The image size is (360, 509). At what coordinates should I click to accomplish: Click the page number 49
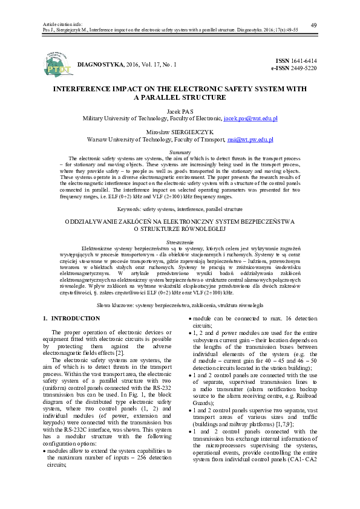[313, 24]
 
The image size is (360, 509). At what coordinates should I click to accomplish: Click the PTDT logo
[59, 65]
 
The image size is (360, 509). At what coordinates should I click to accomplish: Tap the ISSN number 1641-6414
[304, 61]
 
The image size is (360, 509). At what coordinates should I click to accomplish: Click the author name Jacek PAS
[180, 112]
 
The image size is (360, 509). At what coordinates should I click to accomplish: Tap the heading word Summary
[180, 152]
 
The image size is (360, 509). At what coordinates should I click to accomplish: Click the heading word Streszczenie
[180, 241]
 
